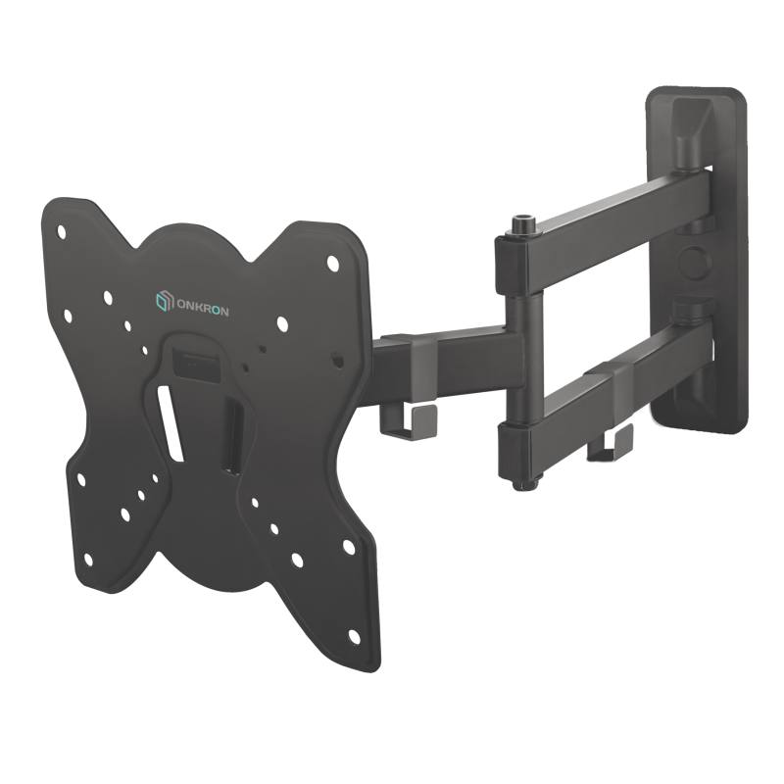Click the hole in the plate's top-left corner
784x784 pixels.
[62, 233]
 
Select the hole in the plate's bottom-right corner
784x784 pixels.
[353, 635]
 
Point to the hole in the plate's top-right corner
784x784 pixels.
[332, 264]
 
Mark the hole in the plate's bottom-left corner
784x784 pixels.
[88, 560]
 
